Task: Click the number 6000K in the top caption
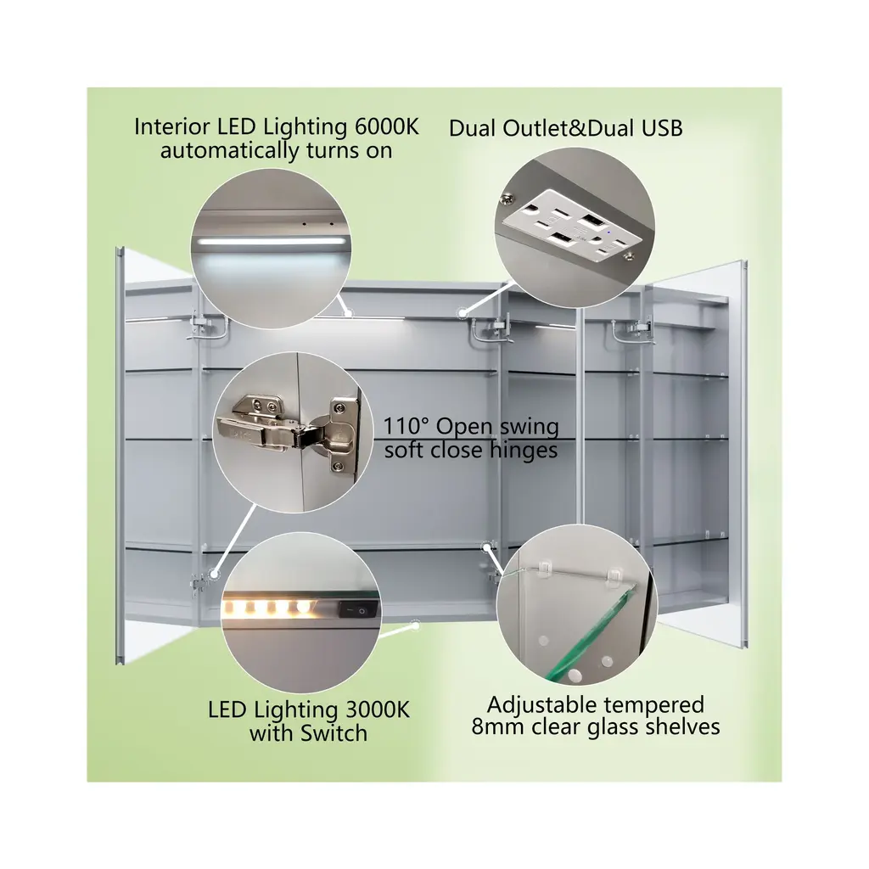(x=387, y=127)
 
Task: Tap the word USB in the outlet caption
(x=662, y=128)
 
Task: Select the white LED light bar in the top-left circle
(x=271, y=242)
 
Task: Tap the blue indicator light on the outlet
(x=609, y=233)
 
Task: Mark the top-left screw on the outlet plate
(x=506, y=196)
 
